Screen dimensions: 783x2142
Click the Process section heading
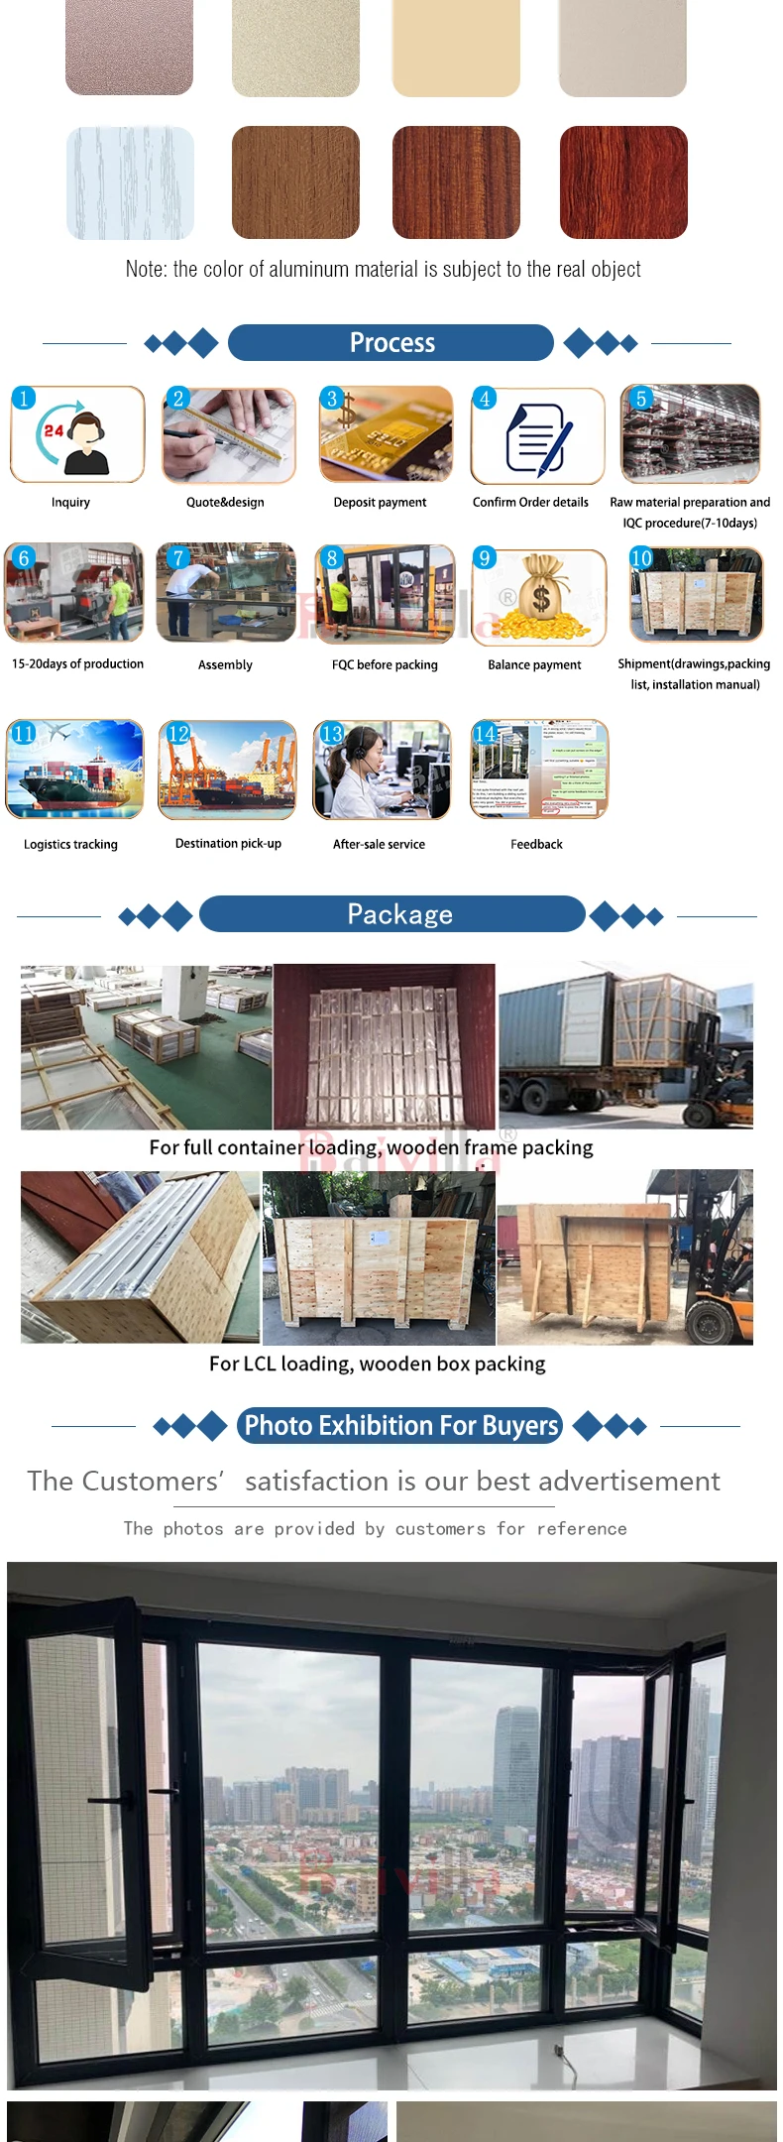pos(391,343)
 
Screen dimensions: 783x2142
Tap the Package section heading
pos(399,914)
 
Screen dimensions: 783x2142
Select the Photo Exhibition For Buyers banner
pos(400,1426)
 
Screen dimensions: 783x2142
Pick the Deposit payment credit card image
pos(386,435)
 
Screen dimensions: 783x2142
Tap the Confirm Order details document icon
pos(538,437)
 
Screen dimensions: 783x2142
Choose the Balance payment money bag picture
pos(539,598)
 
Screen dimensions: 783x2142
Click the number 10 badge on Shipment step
pos(641,558)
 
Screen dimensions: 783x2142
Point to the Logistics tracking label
pos(70,845)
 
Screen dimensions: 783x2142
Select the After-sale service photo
pos(382,771)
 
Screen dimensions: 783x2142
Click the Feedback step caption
pos(536,845)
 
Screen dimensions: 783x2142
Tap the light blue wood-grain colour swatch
pos(130,182)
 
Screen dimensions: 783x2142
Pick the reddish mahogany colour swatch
pos(623,182)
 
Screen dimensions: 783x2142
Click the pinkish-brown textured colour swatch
pos(129,47)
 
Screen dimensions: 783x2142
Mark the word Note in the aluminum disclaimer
pos(146,270)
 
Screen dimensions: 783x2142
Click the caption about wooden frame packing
pos(371,1148)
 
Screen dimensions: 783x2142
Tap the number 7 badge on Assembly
pos(178,558)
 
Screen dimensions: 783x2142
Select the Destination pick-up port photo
pos(227,771)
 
